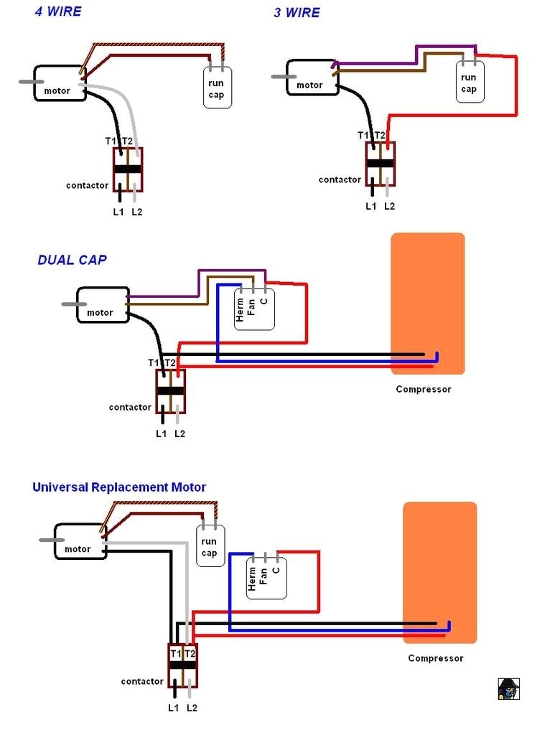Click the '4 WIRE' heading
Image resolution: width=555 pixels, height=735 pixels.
(58, 11)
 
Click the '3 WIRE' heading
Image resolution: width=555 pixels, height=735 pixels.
(297, 13)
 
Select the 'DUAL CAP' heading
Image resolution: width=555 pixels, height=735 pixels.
(72, 260)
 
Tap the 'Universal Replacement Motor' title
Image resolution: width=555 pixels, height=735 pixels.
(119, 487)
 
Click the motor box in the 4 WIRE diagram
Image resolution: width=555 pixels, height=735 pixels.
(60, 84)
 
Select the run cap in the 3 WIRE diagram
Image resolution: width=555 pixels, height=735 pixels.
(469, 83)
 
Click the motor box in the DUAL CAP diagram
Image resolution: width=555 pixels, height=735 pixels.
(103, 305)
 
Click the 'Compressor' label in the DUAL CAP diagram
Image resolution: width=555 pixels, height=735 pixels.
(424, 389)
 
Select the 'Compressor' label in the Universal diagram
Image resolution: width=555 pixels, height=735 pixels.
(436, 658)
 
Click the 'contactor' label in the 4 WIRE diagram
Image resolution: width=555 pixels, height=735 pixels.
(88, 185)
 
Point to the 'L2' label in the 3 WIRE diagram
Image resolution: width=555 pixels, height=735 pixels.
(389, 206)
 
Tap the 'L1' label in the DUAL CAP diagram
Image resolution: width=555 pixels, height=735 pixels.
(162, 434)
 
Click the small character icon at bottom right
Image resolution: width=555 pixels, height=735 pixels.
(508, 688)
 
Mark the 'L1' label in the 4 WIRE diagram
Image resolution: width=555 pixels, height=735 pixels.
(118, 212)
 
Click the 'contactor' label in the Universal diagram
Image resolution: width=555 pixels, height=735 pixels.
(142, 681)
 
